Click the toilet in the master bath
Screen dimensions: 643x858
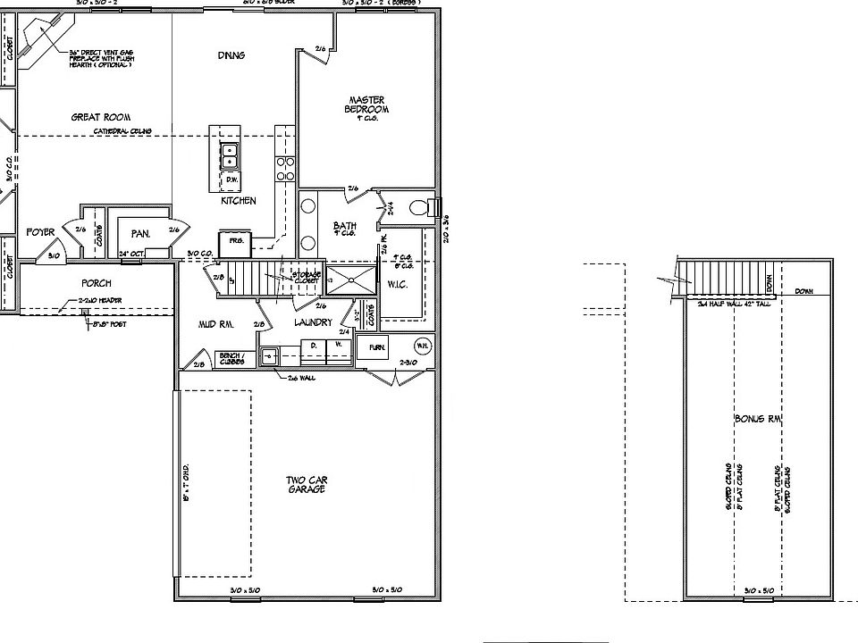pyautogui.click(x=419, y=209)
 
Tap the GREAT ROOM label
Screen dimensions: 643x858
pyautogui.click(x=101, y=117)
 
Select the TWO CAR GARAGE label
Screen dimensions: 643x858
pyautogui.click(x=305, y=485)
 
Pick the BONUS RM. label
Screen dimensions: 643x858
pyautogui.click(x=755, y=419)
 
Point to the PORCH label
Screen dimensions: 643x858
pyautogui.click(x=97, y=284)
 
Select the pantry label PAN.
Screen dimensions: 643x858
pyautogui.click(x=139, y=234)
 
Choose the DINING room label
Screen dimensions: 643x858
pyautogui.click(x=231, y=55)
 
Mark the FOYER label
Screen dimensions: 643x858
pyautogui.click(x=40, y=232)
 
